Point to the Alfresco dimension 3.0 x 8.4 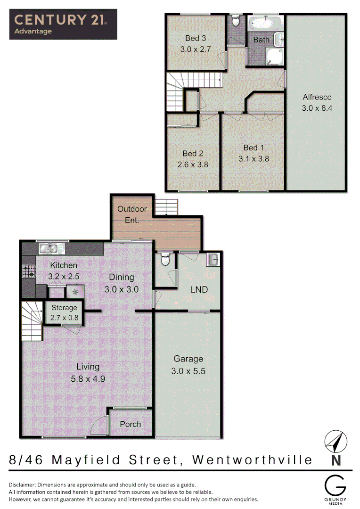click(317, 108)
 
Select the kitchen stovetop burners click(28, 271)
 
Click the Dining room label click(122, 277)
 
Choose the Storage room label click(64, 308)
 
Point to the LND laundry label click(199, 289)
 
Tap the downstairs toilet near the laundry click(165, 260)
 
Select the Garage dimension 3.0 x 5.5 click(188, 370)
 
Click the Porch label click(131, 424)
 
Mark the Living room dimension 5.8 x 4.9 click(88, 378)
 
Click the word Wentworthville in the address click(253, 460)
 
